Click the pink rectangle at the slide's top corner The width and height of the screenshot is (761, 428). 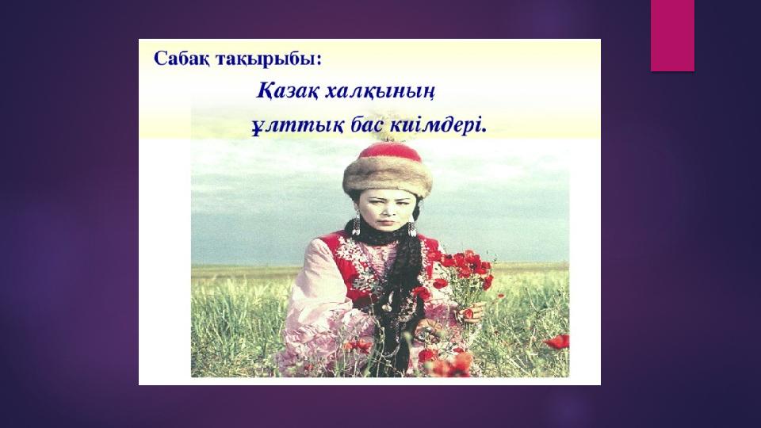[672, 35]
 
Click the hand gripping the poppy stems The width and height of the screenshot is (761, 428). [468, 313]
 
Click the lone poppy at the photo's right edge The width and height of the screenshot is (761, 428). [557, 342]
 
